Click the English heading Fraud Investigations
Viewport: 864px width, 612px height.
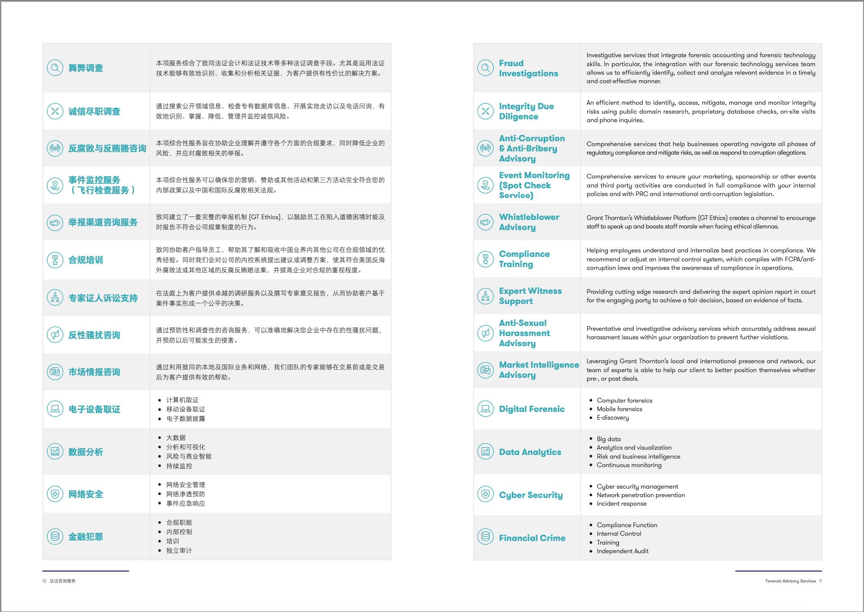pyautogui.click(x=528, y=68)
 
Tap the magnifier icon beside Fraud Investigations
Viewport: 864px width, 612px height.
pyautogui.click(x=485, y=68)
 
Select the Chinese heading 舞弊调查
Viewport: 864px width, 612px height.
pyautogui.click(x=86, y=68)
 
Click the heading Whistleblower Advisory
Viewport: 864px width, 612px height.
pyautogui.click(x=529, y=222)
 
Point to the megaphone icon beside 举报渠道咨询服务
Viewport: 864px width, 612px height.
pyautogui.click(x=55, y=222)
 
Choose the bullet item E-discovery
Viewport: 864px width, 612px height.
pyautogui.click(x=613, y=418)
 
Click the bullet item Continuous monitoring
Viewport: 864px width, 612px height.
pyautogui.click(x=629, y=465)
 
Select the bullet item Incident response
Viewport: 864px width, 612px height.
pyautogui.click(x=621, y=504)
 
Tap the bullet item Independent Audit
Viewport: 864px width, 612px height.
pyautogui.click(x=622, y=551)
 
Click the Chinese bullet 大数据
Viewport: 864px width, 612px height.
pyautogui.click(x=176, y=437)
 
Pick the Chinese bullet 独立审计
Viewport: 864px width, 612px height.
pyautogui.click(x=179, y=551)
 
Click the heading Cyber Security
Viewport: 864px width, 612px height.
pyautogui.click(x=531, y=495)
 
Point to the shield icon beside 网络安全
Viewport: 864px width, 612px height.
pyautogui.click(x=55, y=494)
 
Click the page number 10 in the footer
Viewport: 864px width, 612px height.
pyautogui.click(x=44, y=581)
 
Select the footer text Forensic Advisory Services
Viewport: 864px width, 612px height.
pyautogui.click(x=790, y=581)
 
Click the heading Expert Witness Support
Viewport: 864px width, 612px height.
pyautogui.click(x=530, y=296)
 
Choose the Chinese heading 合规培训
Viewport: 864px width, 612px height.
pyautogui.click(x=86, y=260)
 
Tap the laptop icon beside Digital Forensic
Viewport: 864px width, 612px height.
pyautogui.click(x=485, y=409)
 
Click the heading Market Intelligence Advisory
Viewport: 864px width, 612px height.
pyautogui.click(x=539, y=370)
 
